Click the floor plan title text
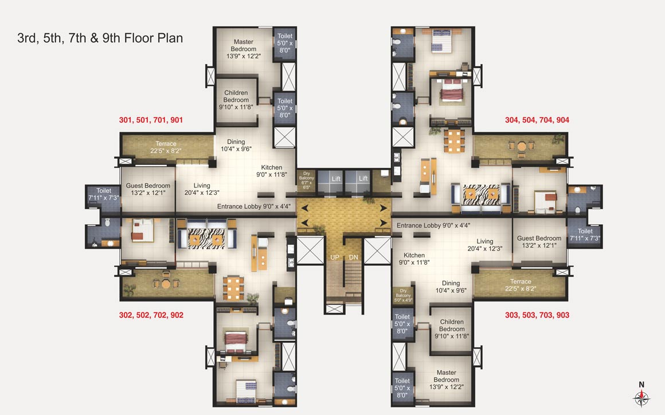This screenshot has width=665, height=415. (100, 38)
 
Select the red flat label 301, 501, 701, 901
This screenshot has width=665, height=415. (151, 120)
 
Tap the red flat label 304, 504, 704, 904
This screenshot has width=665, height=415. (537, 120)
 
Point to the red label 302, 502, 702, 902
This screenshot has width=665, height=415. (151, 315)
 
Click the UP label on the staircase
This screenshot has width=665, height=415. (335, 257)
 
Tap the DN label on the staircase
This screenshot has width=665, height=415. (353, 257)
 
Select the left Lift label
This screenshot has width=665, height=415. (336, 179)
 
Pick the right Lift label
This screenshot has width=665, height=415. (363, 179)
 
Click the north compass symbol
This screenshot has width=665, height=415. (641, 397)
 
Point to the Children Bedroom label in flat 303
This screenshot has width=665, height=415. (452, 329)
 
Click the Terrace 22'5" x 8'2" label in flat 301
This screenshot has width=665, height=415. (166, 147)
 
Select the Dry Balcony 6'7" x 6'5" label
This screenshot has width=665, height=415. (306, 179)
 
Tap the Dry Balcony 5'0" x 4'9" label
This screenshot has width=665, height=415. (402, 294)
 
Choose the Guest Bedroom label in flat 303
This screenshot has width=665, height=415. (539, 242)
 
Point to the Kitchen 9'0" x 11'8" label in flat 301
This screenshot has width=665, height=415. (272, 171)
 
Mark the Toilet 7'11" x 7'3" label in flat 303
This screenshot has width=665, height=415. (584, 234)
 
